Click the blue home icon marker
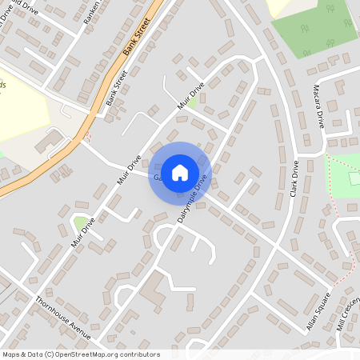click(x=180, y=172)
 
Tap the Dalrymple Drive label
click(x=192, y=198)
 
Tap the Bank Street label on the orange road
click(x=138, y=38)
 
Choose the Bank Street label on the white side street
click(x=117, y=87)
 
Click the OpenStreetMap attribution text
click(x=80, y=354)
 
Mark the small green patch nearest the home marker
click(x=192, y=102)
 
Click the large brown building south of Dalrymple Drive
click(x=154, y=288)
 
